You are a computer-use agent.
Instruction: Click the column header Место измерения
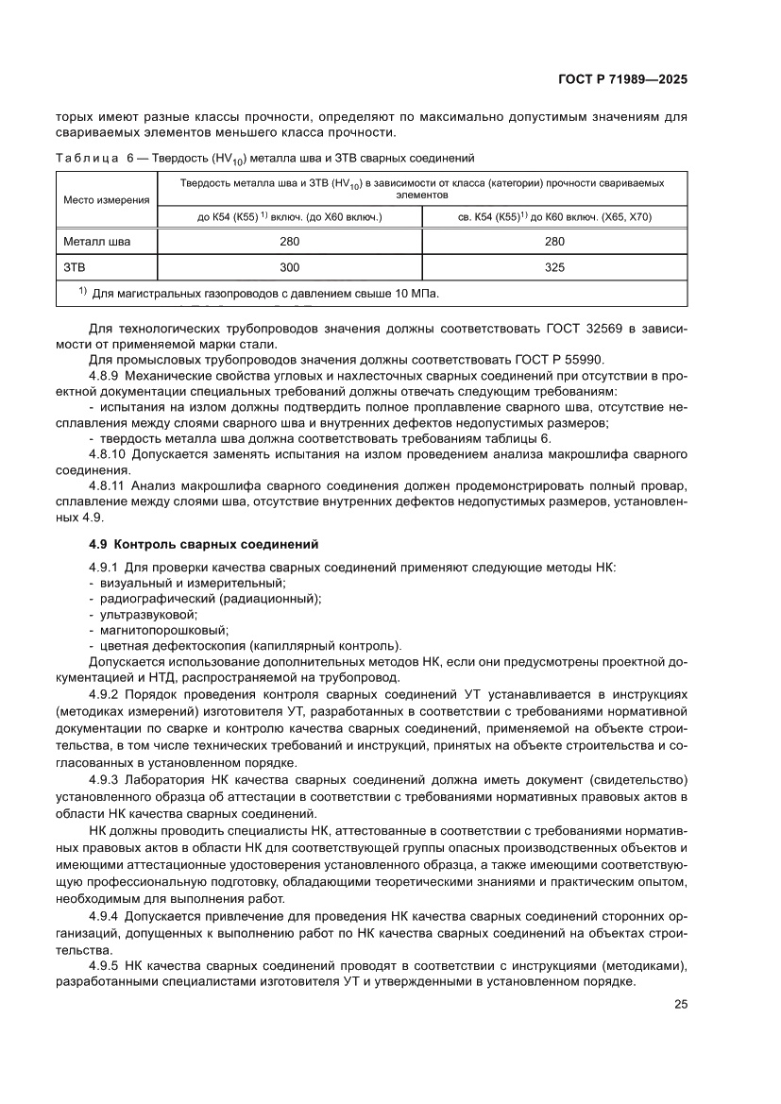[x=107, y=199]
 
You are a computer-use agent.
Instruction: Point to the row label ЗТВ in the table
[x=75, y=267]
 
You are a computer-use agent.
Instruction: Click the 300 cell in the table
[x=290, y=267]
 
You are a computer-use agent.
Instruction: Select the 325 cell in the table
[x=555, y=267]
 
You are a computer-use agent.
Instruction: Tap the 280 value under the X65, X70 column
[x=555, y=242]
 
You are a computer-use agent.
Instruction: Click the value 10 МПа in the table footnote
[x=415, y=294]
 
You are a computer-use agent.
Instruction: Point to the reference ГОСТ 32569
[x=580, y=329]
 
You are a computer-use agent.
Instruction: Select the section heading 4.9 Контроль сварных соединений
[x=202, y=545]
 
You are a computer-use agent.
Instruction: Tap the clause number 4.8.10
[x=107, y=454]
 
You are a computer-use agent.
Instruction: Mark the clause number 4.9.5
[x=103, y=965]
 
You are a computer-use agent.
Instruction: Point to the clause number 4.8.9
[x=104, y=375]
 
